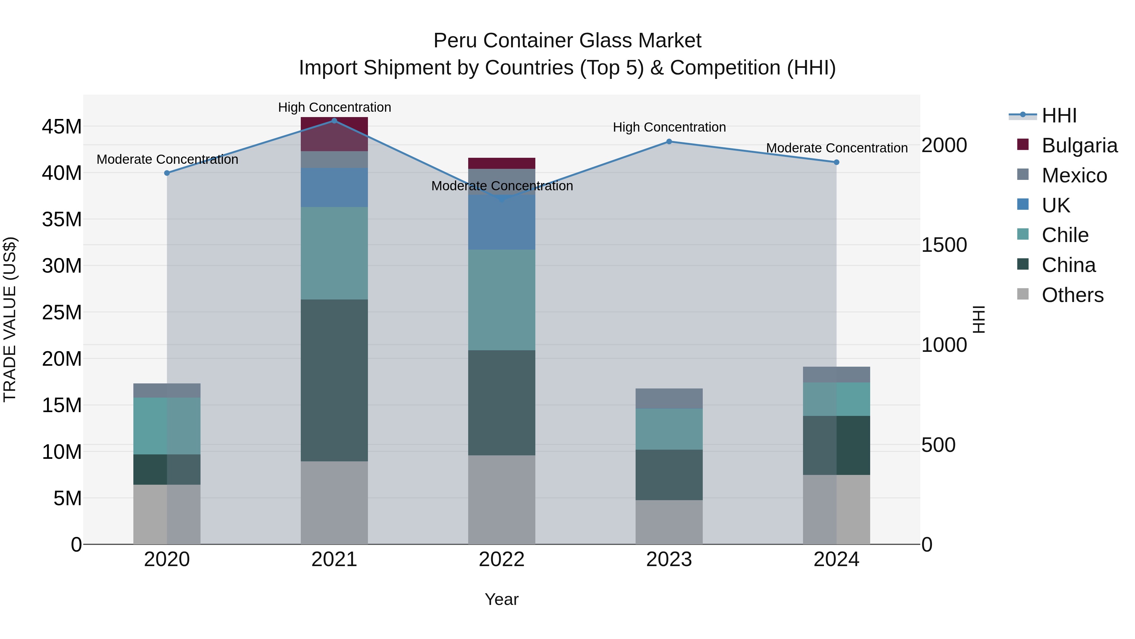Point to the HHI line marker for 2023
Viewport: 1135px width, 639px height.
tap(669, 142)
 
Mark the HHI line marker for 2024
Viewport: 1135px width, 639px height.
tap(836, 162)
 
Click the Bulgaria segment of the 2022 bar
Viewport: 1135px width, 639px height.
tap(501, 163)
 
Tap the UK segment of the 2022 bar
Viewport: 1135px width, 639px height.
tap(501, 222)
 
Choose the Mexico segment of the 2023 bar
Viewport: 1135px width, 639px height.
tap(669, 398)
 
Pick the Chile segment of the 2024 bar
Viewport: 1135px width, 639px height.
tap(836, 399)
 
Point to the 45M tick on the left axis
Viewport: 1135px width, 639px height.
tap(62, 127)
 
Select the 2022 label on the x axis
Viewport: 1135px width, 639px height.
tap(501, 559)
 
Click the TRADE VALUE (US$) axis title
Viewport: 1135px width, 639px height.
tap(10, 319)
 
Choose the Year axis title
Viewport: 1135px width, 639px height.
tap(501, 599)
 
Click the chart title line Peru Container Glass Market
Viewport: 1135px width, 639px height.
tap(567, 41)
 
